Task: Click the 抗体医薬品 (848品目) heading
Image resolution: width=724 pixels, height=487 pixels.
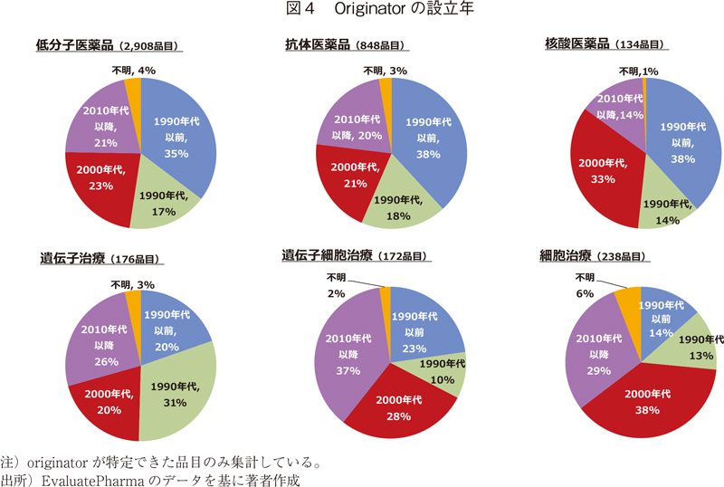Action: pos(347,45)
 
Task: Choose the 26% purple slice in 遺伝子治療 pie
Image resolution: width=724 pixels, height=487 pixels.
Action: pos(102,336)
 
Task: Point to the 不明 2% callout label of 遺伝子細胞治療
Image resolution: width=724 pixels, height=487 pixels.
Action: pos(338,284)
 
